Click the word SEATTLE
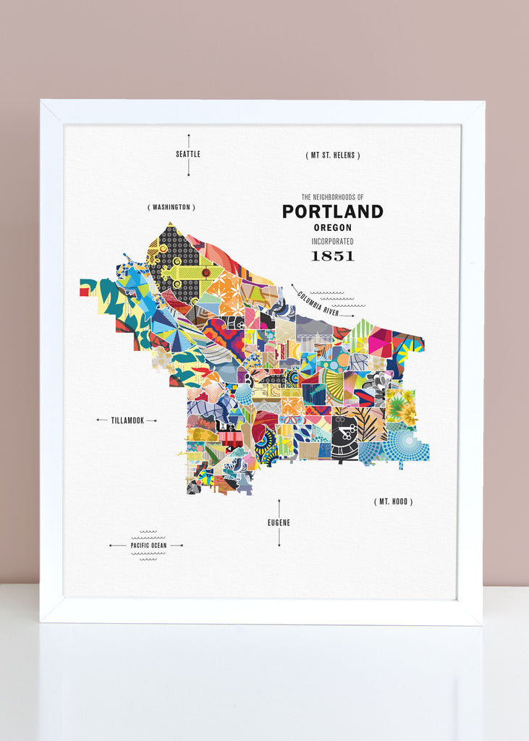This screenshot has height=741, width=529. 188,154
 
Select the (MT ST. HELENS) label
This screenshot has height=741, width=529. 332,155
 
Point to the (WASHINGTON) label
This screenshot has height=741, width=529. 172,207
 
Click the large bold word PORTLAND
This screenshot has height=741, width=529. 332,211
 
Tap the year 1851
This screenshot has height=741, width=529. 332,255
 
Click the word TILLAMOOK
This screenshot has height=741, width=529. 127,420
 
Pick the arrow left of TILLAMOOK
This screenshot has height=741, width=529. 101,420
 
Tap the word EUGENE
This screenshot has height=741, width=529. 279,522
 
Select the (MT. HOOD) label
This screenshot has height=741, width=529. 394,501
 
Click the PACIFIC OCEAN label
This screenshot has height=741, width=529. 148,545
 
